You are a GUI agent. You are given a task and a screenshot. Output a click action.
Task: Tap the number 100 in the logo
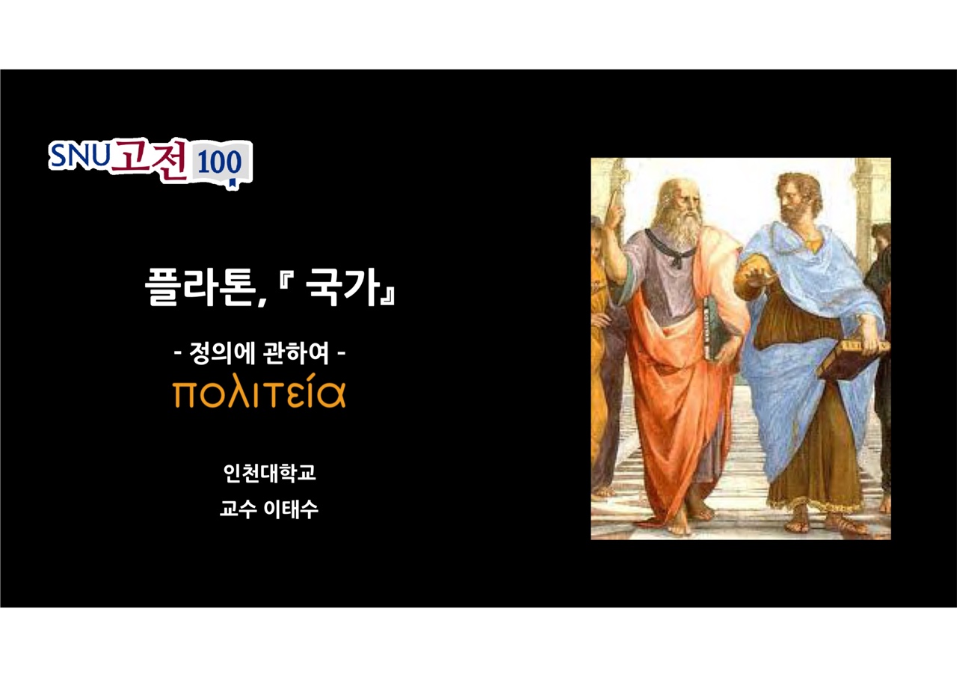coord(220,163)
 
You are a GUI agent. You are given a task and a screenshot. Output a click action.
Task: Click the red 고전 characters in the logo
coord(149,159)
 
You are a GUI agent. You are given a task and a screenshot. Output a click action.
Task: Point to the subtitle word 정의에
coord(222,353)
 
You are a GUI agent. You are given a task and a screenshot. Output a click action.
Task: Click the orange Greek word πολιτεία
coord(259,391)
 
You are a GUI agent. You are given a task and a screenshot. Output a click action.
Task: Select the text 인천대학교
coord(270,473)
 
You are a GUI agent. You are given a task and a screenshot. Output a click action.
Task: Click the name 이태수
coord(291,509)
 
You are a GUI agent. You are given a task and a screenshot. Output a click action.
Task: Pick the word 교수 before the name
coord(238,509)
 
